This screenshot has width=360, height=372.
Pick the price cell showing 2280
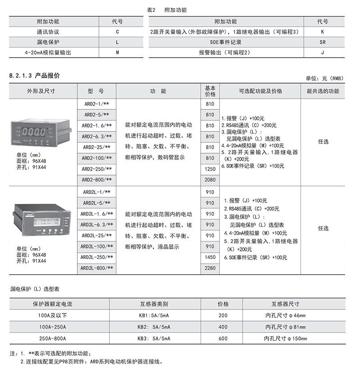pos(210,268)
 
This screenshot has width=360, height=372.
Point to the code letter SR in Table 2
pos(322,42)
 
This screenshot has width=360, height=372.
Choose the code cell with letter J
pos(322,53)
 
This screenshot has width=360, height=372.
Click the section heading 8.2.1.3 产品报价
pos(34,76)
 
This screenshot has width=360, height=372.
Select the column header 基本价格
pos(210,91)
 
